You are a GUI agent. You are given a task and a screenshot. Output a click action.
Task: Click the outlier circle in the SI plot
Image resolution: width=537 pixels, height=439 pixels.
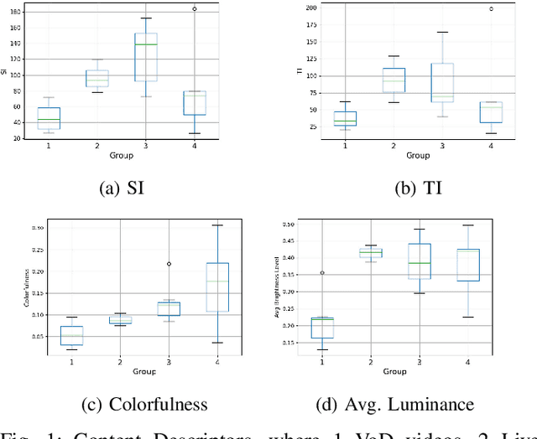195,9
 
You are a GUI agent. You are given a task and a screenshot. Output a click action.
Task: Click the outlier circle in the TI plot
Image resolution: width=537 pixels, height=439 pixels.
491,9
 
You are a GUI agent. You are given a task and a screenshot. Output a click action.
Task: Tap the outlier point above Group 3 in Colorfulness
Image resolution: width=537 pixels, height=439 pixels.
169,264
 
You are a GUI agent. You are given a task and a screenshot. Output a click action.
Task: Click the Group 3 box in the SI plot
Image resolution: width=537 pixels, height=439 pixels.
145,57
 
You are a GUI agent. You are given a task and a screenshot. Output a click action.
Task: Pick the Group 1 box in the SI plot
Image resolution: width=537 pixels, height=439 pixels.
49,118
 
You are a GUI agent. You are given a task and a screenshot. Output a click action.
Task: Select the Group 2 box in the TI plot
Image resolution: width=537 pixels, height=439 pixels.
394,80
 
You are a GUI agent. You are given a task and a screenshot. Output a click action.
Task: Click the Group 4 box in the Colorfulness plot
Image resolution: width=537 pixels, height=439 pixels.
217,287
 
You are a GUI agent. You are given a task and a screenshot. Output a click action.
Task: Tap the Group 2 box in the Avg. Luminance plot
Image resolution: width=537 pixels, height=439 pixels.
370,253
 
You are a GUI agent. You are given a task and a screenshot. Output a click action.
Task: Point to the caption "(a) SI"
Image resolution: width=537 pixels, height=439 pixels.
122,189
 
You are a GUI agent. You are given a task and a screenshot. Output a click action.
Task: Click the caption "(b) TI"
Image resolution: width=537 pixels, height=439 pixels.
417,189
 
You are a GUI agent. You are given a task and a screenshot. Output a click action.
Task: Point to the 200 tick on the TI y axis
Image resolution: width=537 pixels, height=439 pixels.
311,8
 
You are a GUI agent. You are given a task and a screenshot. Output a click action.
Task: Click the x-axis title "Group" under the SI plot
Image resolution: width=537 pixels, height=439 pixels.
121,156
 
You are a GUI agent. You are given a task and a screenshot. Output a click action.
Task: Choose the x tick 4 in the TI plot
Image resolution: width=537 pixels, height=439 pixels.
491,146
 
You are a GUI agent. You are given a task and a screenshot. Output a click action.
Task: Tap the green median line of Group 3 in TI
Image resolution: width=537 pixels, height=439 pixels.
442,96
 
